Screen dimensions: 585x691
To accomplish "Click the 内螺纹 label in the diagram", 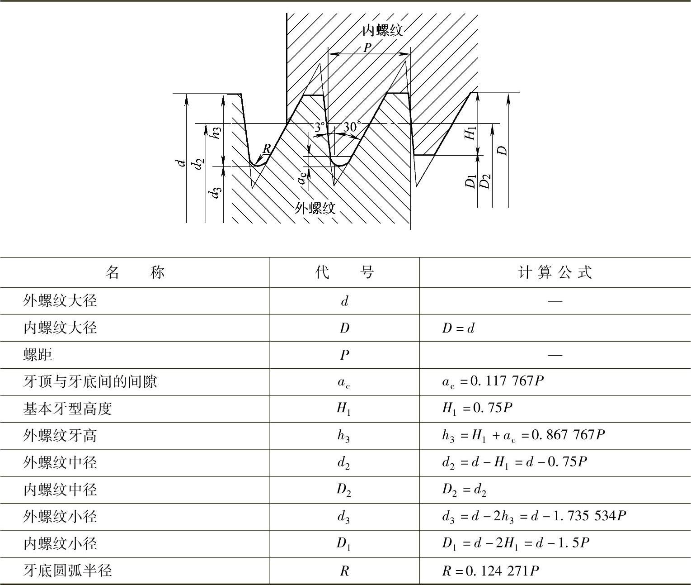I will [382, 30].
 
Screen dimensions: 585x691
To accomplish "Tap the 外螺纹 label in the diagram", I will [315, 208].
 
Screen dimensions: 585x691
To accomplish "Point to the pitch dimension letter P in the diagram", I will [368, 48].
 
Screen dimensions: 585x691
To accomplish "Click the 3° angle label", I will [320, 127].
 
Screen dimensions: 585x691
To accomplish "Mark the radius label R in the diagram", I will [267, 148].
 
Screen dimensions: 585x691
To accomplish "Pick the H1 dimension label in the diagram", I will [471, 133].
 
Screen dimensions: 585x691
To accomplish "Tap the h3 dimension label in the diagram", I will [216, 132].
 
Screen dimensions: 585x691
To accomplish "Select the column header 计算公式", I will [555, 272].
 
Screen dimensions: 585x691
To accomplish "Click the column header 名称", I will [135, 272].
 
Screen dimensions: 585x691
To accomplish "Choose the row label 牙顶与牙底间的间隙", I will [90, 382].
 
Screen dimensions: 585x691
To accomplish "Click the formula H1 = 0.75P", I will [477, 409].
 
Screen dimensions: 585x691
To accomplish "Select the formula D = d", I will [458, 328].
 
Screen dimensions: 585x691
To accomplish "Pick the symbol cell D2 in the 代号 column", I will [344, 490].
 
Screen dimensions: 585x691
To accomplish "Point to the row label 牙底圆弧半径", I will [67, 571].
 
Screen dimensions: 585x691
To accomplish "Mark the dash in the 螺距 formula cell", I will [555, 355].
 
